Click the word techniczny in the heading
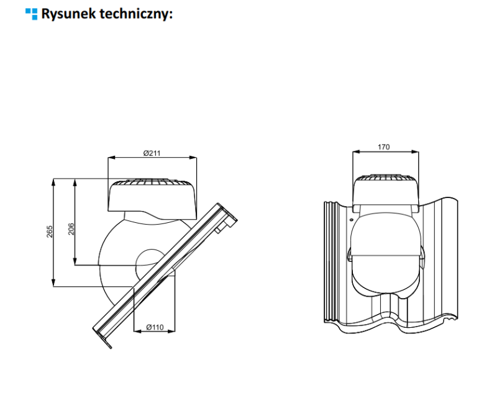point(134,14)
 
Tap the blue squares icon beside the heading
point(31,14)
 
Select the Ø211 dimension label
point(152,153)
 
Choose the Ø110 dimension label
point(155,327)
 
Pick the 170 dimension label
point(384,147)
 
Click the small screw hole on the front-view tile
point(351,218)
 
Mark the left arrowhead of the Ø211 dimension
point(111,158)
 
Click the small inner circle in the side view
point(148,260)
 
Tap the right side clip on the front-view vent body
point(422,254)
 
